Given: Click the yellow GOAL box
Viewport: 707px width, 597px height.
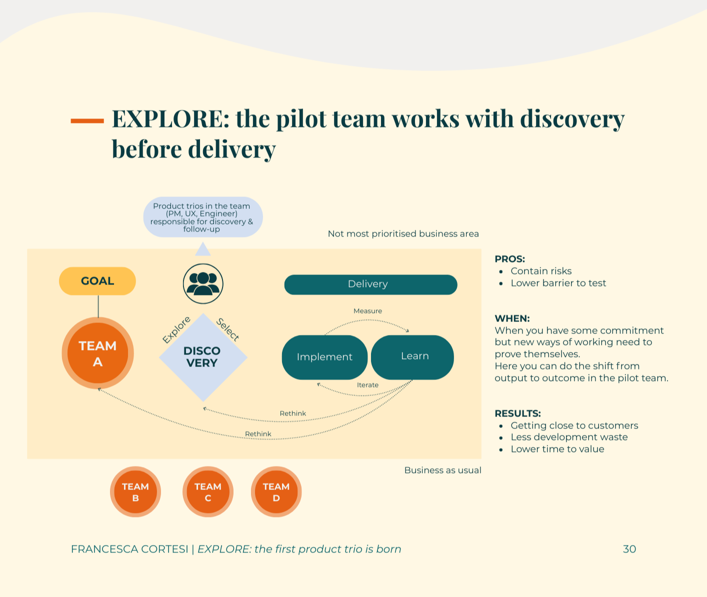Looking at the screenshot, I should click(x=97, y=281).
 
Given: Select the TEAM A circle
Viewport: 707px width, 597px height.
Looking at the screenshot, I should click(x=98, y=353).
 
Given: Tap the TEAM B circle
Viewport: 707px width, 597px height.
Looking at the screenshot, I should click(x=135, y=492).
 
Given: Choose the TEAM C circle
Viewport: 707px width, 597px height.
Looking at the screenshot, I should click(x=208, y=492).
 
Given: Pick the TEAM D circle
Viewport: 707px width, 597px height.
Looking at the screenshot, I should click(x=276, y=492).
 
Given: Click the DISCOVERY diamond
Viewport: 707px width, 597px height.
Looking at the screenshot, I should click(x=202, y=357).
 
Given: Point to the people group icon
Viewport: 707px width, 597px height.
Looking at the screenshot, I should click(x=203, y=283).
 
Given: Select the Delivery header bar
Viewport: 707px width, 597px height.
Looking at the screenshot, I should click(x=370, y=284).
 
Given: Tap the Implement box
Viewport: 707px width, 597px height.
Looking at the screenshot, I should click(x=324, y=357).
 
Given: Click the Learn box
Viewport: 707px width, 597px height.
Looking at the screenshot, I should click(x=414, y=356).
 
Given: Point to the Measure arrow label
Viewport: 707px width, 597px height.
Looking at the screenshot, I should click(x=367, y=311).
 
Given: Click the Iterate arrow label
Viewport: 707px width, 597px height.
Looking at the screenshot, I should click(x=367, y=385).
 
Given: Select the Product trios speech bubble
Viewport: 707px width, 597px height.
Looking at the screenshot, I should click(x=202, y=217).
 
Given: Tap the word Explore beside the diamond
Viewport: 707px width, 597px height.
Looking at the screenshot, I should click(x=176, y=329).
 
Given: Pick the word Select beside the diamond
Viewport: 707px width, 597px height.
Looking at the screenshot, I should click(x=228, y=329).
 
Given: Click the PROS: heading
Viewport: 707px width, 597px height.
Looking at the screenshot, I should click(x=509, y=259).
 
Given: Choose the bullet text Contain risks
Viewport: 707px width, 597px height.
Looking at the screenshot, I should click(x=541, y=271).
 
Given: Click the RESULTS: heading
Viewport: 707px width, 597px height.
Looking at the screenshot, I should click(x=517, y=413).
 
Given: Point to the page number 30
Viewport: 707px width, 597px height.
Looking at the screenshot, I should click(x=629, y=549).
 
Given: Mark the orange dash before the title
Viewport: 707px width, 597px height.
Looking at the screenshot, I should click(x=87, y=120).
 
